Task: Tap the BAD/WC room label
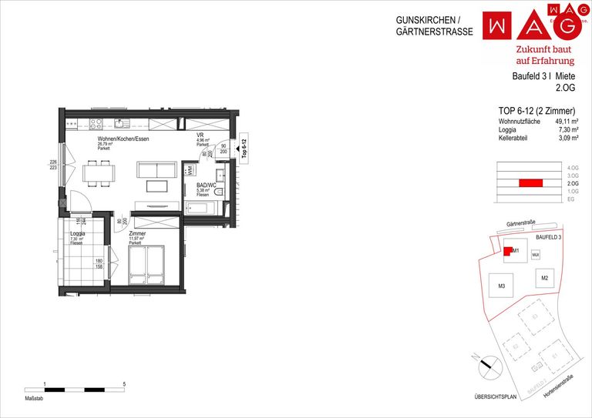point(205,186)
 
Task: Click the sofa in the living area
point(157,169)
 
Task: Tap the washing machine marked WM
point(187,169)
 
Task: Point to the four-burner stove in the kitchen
point(96,123)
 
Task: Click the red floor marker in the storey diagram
point(530,183)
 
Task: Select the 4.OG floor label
point(571,168)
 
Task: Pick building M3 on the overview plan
point(501,286)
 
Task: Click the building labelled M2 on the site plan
point(544,277)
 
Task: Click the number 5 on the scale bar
point(125,383)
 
